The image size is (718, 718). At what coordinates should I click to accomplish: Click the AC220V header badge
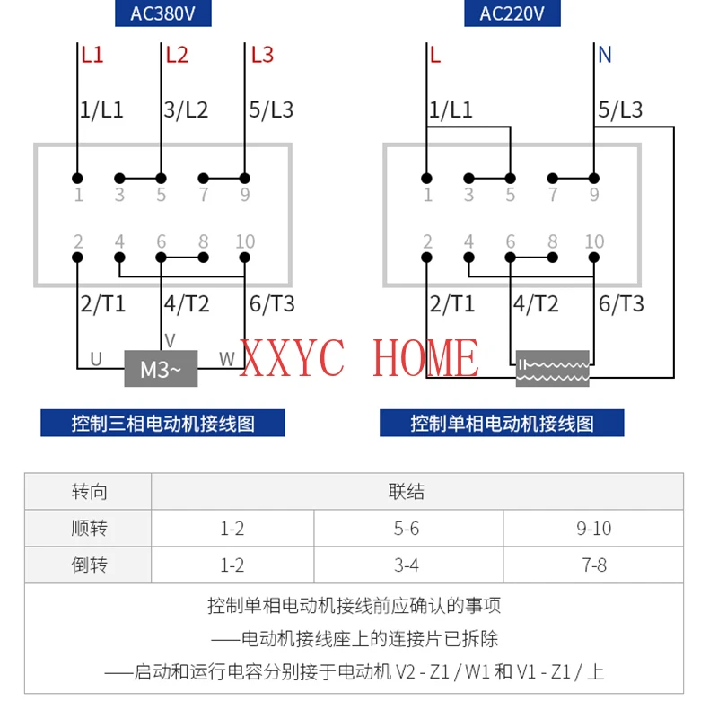click(x=512, y=13)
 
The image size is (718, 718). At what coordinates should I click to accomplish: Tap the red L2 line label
click(x=178, y=55)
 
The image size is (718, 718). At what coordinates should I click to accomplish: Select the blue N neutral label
click(x=604, y=55)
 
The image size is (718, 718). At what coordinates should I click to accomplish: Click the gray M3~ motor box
click(x=161, y=368)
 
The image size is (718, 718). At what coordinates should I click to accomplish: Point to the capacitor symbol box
click(x=553, y=368)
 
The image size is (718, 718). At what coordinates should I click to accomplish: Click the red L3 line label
click(x=262, y=55)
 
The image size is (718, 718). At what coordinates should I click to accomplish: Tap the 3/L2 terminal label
click(x=186, y=110)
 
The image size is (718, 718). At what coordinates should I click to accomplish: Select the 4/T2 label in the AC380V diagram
click(x=186, y=304)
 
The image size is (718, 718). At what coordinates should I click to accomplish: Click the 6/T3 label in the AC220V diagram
click(x=621, y=304)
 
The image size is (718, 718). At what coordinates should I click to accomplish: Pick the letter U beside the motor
click(x=95, y=360)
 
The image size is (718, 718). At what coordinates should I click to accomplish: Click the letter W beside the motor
click(x=227, y=360)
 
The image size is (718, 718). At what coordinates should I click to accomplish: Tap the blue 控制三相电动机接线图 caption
click(x=162, y=423)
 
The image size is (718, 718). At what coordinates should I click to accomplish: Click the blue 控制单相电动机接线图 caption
click(x=502, y=423)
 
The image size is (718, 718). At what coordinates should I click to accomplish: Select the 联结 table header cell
click(x=407, y=492)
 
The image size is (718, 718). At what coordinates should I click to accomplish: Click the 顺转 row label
click(x=89, y=529)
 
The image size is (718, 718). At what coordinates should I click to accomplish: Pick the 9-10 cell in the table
click(x=593, y=529)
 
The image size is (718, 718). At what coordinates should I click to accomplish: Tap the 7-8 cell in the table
click(x=593, y=565)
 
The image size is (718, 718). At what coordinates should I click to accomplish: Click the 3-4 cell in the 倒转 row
click(x=407, y=565)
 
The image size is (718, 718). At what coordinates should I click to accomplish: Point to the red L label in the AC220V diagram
click(x=435, y=55)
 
